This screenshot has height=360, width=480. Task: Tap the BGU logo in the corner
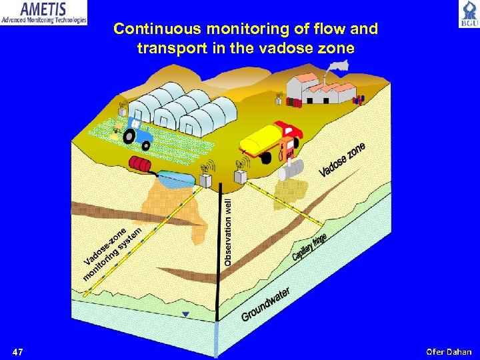click(x=467, y=13)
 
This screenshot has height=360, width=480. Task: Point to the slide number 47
click(x=18, y=351)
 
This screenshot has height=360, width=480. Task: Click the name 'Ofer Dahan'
click(x=449, y=351)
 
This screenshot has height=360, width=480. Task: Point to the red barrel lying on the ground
click(x=141, y=164)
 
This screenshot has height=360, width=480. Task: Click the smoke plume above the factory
click(x=338, y=66)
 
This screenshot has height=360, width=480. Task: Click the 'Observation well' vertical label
click(x=228, y=231)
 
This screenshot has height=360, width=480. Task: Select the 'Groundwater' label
click(x=266, y=304)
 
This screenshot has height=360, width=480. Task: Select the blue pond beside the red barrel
click(x=175, y=177)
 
